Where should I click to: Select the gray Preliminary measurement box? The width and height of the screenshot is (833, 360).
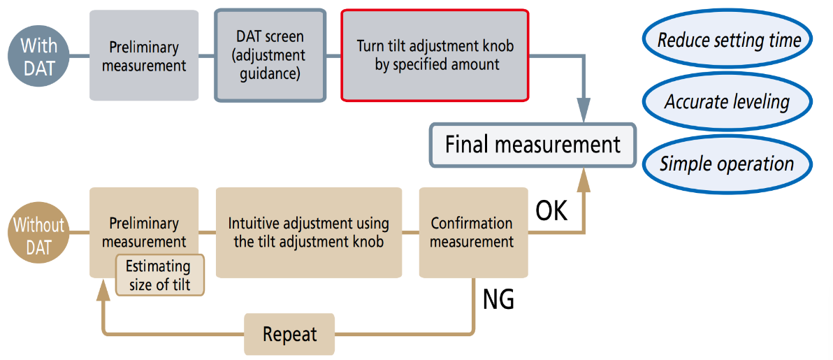(144, 56)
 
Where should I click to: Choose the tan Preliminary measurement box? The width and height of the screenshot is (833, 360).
(144, 224)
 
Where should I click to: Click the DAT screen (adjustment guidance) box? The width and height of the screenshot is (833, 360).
(270, 55)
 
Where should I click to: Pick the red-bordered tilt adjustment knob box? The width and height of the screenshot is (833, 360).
(434, 55)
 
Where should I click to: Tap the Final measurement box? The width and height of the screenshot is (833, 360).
(533, 145)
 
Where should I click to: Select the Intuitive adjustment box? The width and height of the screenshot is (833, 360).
(308, 233)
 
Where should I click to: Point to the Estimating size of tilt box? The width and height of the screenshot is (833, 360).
(159, 275)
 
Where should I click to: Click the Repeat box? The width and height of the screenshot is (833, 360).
(289, 334)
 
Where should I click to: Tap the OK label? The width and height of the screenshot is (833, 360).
(551, 210)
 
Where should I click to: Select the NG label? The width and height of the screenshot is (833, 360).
(498, 298)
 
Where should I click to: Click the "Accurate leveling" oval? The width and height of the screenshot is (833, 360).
(727, 102)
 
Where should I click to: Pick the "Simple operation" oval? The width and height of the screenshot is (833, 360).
(727, 164)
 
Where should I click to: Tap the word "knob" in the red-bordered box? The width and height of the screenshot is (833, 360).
(496, 46)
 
